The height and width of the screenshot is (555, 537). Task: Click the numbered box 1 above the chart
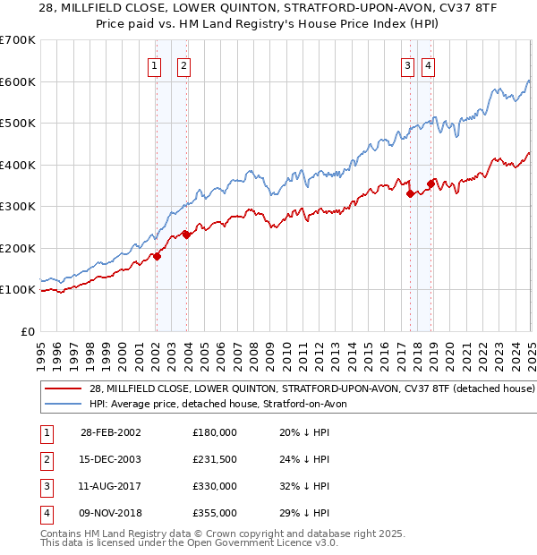pos(155,64)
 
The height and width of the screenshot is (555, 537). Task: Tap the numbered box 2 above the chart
pos(183,64)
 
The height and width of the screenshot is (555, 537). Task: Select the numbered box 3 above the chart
pos(407,64)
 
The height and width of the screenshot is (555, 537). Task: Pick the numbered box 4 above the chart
pos(429,64)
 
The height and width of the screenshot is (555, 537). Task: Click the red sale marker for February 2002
pos(157,256)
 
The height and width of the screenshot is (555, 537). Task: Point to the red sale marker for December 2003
pos(186,235)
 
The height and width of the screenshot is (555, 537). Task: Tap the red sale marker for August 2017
pos(410,193)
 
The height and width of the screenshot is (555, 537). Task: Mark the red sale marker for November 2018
pos(430,184)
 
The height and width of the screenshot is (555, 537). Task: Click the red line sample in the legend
pos(64,389)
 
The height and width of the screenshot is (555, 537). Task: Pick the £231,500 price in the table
pos(215,459)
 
